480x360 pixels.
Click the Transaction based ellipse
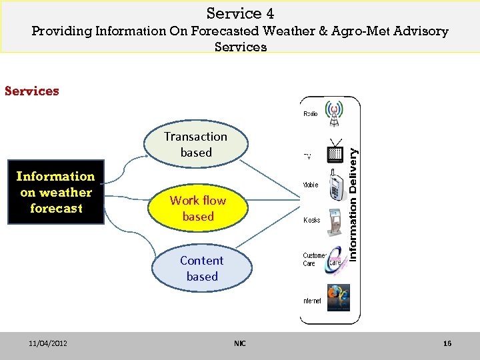click(196, 145)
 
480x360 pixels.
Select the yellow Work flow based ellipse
click(197, 209)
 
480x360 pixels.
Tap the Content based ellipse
click(202, 269)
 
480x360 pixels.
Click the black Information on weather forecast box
click(56, 192)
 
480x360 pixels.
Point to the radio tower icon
click(333, 113)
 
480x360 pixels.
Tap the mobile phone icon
click(335, 187)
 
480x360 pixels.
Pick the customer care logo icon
click(335, 262)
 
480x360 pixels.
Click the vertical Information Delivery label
click(354, 204)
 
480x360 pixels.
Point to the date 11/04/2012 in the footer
click(47, 343)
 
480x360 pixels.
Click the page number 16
click(447, 343)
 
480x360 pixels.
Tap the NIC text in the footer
click(239, 343)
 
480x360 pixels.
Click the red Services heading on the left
click(32, 91)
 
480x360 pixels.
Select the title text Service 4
click(240, 13)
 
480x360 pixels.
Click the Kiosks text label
click(312, 220)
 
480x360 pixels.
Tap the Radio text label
click(311, 114)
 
